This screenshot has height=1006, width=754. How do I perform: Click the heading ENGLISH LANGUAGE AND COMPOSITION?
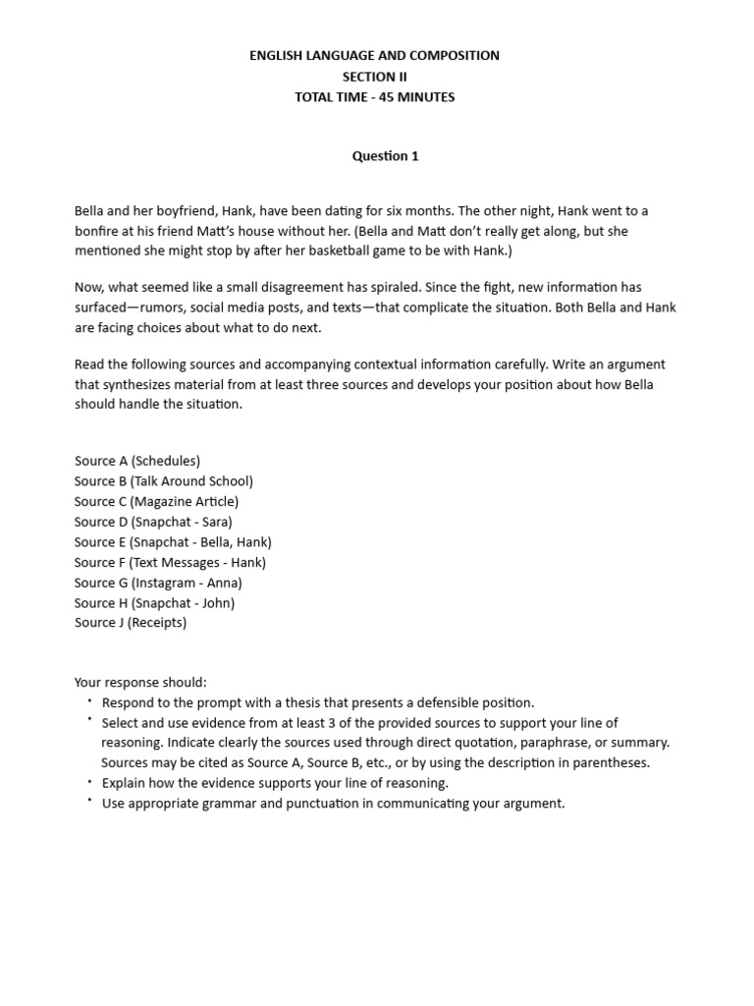point(373,56)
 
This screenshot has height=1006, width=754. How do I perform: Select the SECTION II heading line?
point(373,77)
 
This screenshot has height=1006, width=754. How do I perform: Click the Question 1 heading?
point(386,156)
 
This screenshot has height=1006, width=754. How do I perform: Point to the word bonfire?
point(98,231)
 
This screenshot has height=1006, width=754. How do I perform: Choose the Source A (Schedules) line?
point(137,461)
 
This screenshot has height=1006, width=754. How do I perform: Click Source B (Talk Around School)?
point(164,481)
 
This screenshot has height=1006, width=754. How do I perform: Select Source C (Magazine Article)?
point(156,502)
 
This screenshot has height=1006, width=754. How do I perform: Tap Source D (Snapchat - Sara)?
point(153,523)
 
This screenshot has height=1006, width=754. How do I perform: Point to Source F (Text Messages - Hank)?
point(170,563)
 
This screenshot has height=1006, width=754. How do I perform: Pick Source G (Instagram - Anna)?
point(158,583)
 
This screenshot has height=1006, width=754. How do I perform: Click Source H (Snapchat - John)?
point(154,603)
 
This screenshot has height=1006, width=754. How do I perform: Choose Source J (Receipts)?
point(131,623)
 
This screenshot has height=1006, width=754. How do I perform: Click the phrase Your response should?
point(140,683)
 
